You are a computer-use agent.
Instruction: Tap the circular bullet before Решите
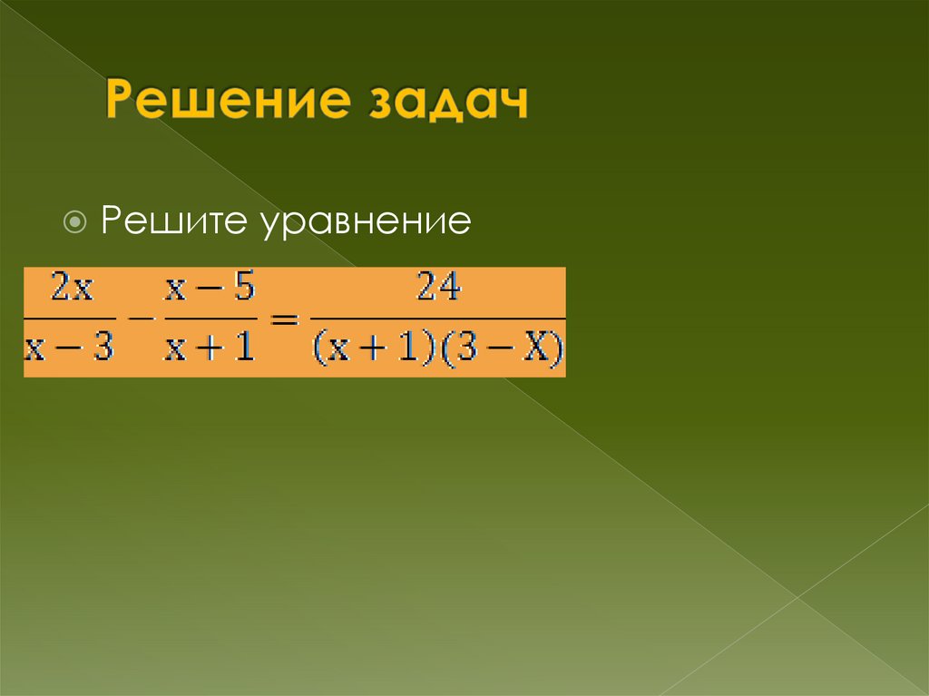[77, 221]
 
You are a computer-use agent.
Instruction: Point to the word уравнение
[367, 222]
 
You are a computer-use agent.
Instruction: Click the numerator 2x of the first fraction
[71, 289]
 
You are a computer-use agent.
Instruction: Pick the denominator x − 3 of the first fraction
[70, 348]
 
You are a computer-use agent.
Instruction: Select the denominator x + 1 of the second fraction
[209, 348]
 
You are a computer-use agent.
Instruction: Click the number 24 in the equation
[438, 289]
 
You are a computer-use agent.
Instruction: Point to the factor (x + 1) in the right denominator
[371, 348]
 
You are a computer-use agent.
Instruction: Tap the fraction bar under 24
[438, 319]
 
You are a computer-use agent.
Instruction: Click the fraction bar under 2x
[70, 319]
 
